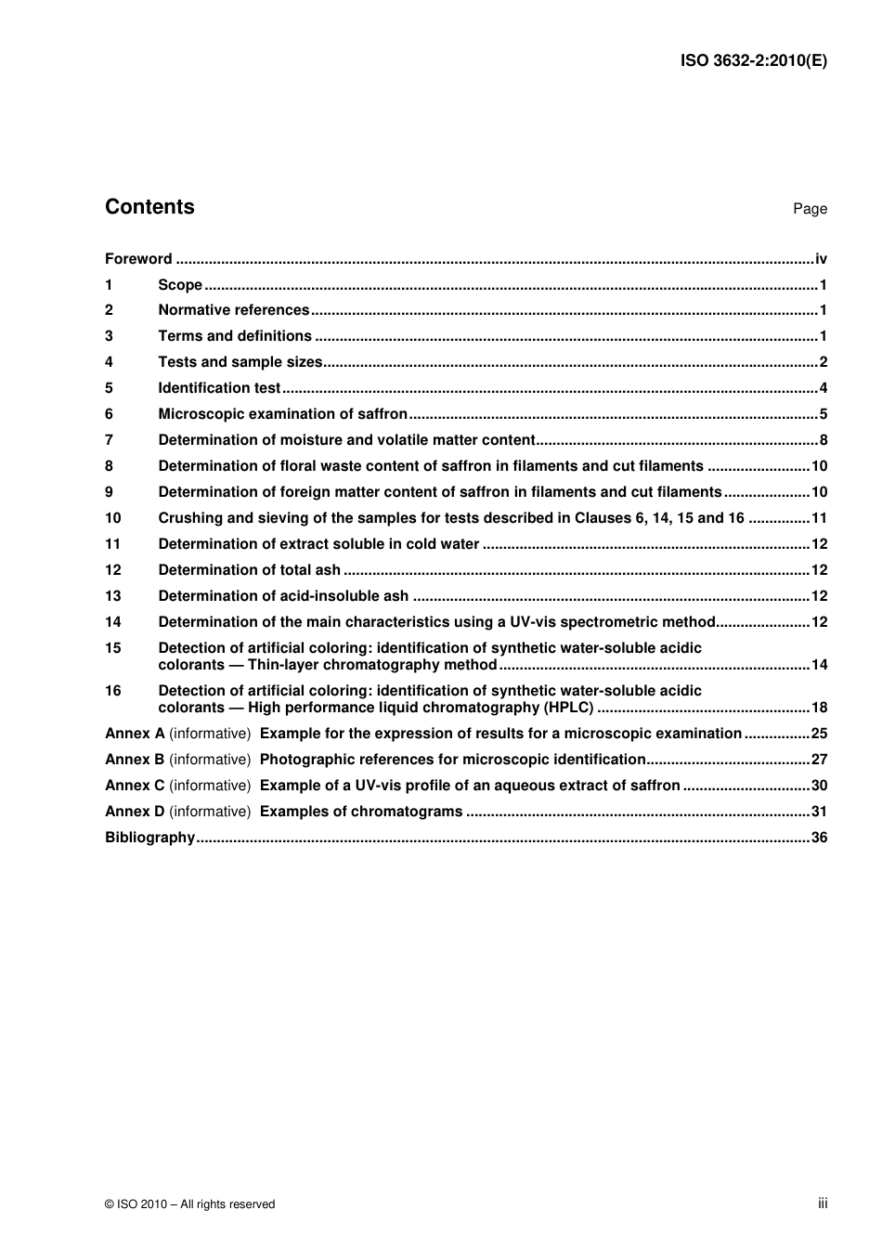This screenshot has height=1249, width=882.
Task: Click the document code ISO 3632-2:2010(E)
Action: (x=753, y=61)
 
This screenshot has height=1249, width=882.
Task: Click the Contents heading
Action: (x=149, y=207)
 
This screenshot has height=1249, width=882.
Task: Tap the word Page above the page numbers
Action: (x=810, y=209)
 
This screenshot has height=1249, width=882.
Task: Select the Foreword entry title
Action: (x=138, y=259)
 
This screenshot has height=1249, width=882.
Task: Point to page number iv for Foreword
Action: (x=821, y=259)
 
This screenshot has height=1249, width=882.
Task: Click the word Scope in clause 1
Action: (x=180, y=285)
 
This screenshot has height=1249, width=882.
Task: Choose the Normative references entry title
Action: (x=233, y=310)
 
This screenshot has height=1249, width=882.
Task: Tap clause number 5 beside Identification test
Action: (x=109, y=388)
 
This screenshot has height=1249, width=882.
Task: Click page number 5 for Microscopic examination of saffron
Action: (x=823, y=414)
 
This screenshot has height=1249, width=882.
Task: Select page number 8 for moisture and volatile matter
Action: (x=823, y=440)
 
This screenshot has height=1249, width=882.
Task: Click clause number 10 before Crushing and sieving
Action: (x=112, y=518)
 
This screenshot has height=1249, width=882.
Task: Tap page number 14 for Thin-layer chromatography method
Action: (x=819, y=665)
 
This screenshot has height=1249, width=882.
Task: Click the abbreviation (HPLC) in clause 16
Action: (x=568, y=708)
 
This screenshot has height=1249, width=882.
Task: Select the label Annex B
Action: (x=135, y=760)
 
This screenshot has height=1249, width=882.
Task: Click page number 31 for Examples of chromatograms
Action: (x=819, y=812)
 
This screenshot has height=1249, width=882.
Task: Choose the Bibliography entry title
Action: (x=149, y=838)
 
